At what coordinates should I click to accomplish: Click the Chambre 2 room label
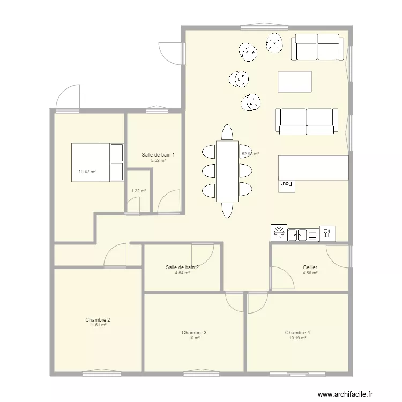98,319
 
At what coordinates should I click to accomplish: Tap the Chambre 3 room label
194,333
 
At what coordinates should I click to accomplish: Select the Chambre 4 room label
297,333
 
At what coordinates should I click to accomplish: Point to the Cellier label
310,267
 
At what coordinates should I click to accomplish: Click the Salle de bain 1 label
158,155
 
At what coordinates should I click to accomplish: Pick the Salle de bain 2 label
183,267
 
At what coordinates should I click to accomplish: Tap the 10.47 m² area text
87,172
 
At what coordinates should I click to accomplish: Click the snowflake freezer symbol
279,233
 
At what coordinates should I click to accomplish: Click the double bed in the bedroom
97,162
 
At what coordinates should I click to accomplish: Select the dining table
227,171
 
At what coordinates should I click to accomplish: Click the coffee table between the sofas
294,82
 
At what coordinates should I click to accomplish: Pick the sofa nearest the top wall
317,47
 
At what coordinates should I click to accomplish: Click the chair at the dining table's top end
227,132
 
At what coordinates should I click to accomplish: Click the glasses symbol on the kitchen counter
326,234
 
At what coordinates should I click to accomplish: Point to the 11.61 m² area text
98,325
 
